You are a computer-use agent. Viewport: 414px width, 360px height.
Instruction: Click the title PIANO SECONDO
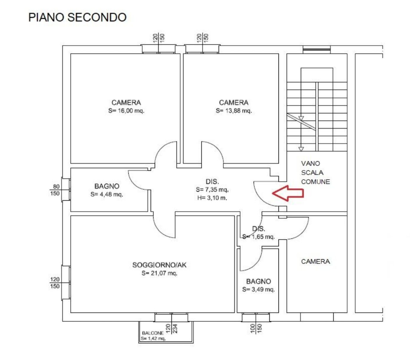[78, 17]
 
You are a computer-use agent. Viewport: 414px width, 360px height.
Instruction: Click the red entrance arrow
[287, 193]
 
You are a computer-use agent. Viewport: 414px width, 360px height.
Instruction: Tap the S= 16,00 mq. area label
[126, 111]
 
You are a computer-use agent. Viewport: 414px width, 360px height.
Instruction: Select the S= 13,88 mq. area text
[234, 111]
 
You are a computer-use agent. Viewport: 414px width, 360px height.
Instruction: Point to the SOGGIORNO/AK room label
[159, 265]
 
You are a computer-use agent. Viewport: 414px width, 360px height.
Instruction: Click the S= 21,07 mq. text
[159, 273]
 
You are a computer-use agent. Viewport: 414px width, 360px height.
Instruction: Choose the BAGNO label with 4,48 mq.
[107, 186]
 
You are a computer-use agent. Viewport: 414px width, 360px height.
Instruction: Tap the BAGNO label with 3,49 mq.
[258, 281]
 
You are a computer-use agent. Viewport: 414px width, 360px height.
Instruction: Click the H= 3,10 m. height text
[212, 197]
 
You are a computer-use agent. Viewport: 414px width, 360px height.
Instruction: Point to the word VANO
[311, 163]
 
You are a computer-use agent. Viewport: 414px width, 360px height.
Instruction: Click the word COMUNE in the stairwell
[316, 182]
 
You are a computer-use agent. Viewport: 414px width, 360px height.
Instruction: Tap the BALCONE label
[152, 333]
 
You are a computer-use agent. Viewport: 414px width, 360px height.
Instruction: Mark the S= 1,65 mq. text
[258, 237]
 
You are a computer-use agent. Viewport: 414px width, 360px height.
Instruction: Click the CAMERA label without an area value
[316, 261]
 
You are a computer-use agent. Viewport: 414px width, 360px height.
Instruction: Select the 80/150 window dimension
[56, 190]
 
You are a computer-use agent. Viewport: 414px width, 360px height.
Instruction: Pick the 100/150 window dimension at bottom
[256, 328]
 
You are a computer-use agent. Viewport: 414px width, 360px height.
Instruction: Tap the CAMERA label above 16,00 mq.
[126, 103]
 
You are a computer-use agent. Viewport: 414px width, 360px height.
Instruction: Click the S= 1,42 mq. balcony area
[153, 338]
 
